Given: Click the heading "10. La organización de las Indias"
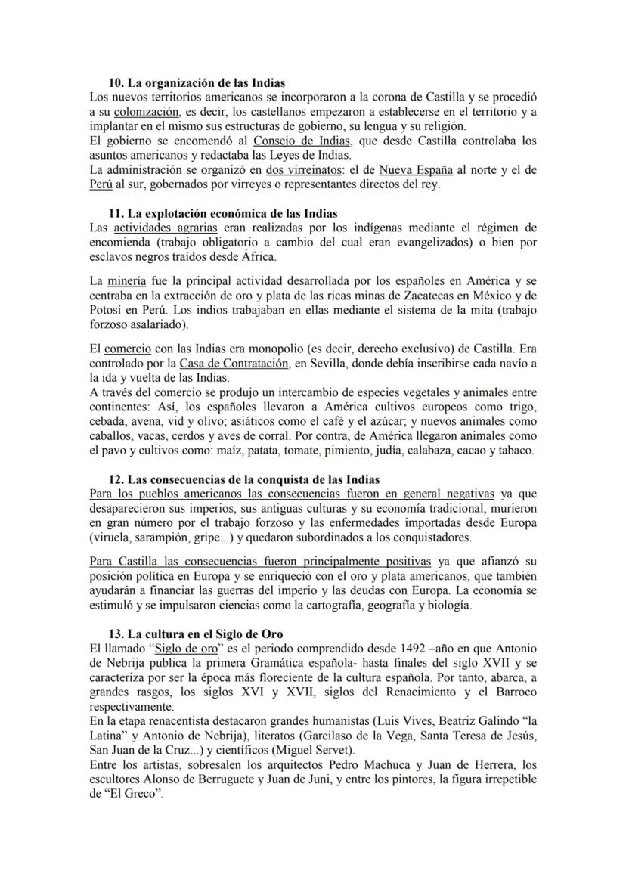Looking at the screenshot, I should pyautogui.click(x=197, y=82).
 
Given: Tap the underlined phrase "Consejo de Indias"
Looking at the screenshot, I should pyautogui.click(x=295, y=141).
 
